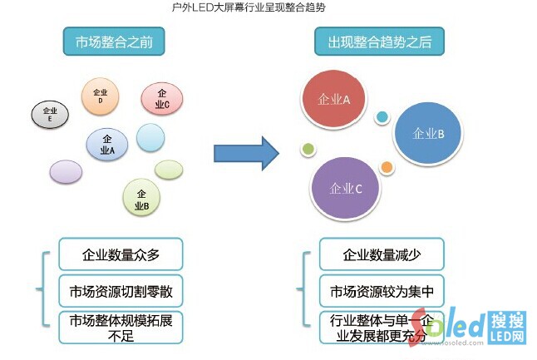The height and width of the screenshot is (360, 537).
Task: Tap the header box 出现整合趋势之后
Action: [x=378, y=41]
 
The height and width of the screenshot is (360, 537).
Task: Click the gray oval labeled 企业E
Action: [x=50, y=115]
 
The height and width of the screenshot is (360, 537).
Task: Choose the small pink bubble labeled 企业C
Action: [x=161, y=99]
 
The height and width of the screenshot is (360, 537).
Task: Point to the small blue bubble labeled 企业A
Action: [x=107, y=145]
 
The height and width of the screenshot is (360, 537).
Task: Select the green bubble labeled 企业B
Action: [x=141, y=198]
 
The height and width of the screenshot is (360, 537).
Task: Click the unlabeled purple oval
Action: [x=67, y=171]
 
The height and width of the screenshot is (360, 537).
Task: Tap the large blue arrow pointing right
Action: [x=244, y=153]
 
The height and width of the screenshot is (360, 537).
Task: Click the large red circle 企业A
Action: [x=334, y=100]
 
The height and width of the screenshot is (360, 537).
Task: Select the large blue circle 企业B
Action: [x=428, y=133]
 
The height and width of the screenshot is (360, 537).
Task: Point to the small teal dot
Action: [x=382, y=117]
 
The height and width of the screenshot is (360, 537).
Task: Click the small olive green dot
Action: [x=308, y=150]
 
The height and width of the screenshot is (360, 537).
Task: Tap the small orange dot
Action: [x=387, y=167]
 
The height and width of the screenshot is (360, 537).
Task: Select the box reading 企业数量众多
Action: [x=121, y=255]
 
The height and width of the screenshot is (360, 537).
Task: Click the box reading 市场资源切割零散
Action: [x=121, y=292]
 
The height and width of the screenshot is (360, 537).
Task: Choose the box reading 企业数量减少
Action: [x=382, y=255]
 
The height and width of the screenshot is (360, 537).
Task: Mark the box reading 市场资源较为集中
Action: [x=382, y=292]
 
